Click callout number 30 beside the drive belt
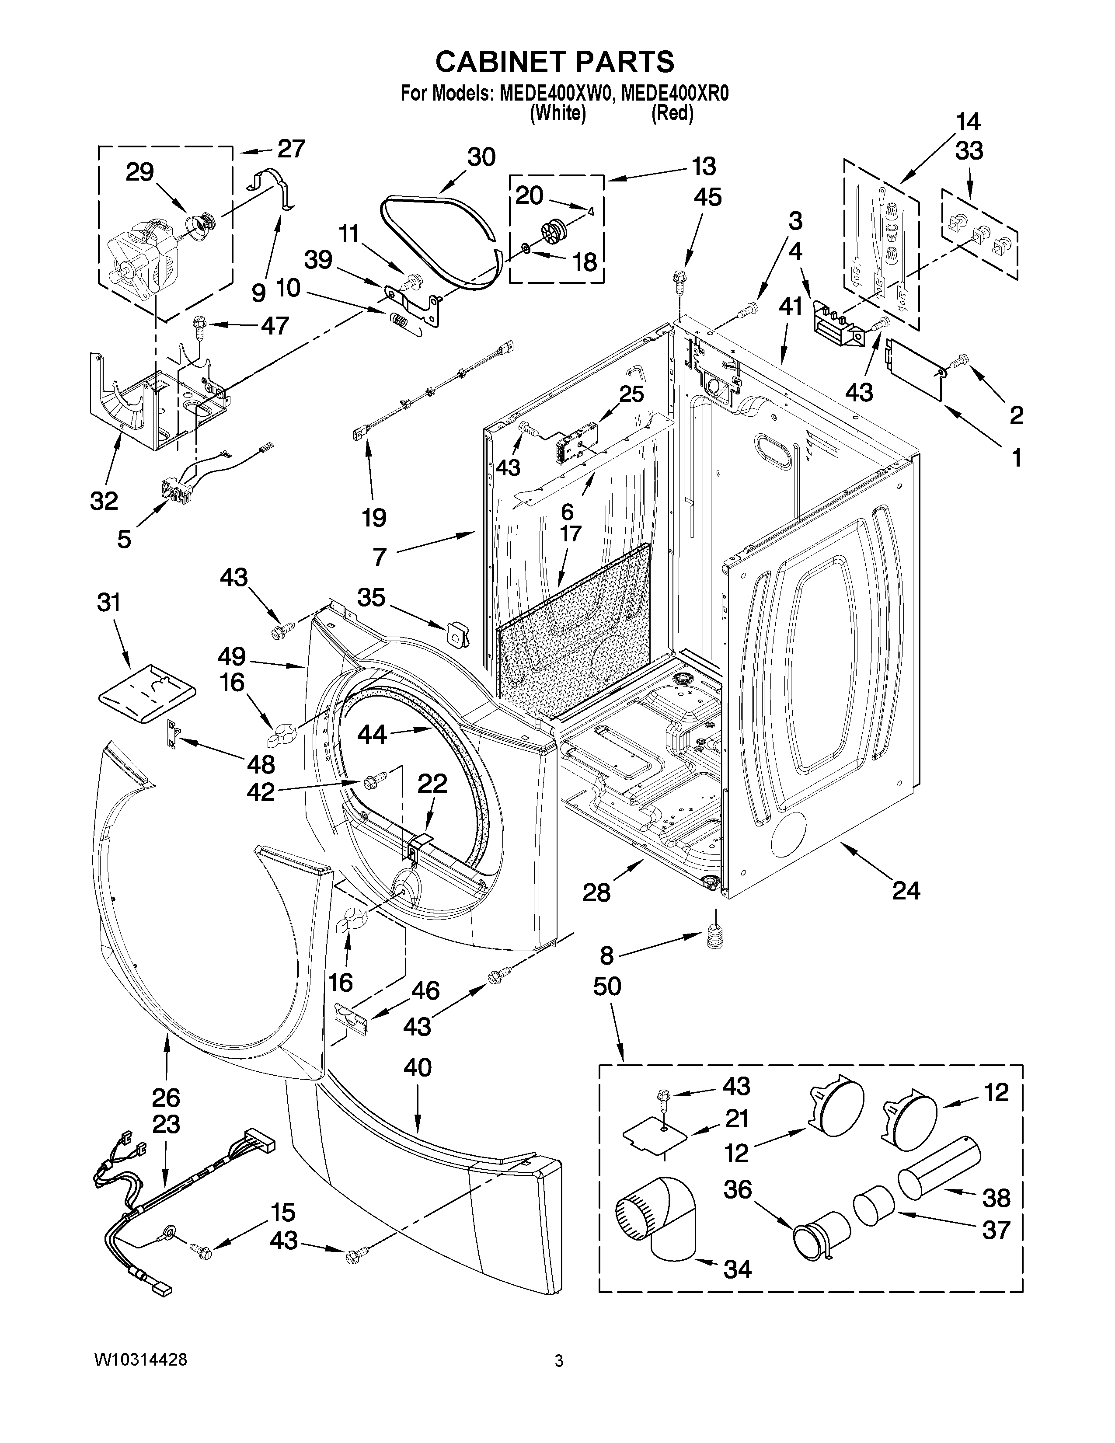(x=481, y=157)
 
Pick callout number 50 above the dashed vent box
(x=607, y=986)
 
